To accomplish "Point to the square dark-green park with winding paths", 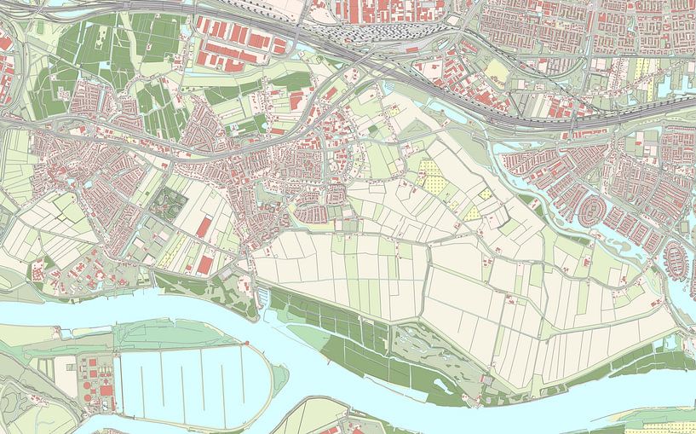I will coord(169,202).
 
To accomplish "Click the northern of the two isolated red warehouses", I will coord(204,227).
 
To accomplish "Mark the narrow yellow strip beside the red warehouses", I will coord(174,248).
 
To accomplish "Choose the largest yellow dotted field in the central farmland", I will coord(431,174).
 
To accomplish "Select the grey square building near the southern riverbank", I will coord(486,379).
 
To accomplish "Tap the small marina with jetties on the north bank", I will coord(263,296).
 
